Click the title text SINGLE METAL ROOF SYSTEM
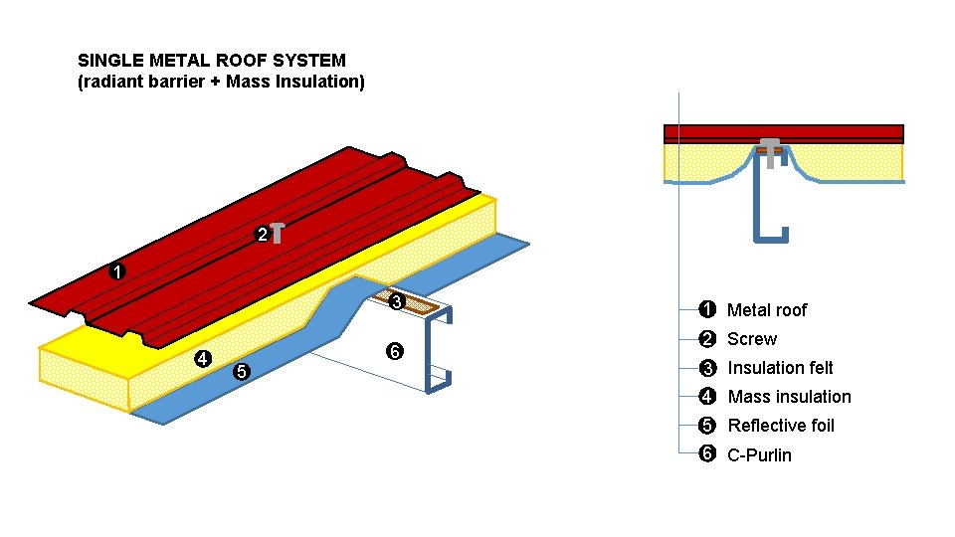coord(212,61)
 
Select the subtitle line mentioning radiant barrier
coord(221,82)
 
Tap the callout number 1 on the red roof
coord(117,271)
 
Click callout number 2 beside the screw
coord(262,236)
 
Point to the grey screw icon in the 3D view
coord(279,233)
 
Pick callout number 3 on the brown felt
coord(396,302)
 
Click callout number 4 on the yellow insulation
coord(202,359)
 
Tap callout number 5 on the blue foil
coord(240,373)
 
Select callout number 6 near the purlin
coord(395,353)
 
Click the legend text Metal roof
coord(767,310)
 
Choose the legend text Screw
coord(751,339)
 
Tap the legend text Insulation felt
coord(780,368)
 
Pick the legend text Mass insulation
coord(789,397)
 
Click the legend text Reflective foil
coord(781,426)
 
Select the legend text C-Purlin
coord(759,455)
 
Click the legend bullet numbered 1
coord(707,310)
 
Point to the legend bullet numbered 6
coord(707,454)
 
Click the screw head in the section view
coord(770,144)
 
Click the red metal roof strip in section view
coord(836,133)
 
